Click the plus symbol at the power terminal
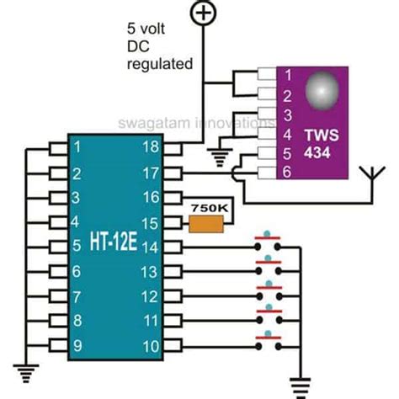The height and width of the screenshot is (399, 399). (202, 12)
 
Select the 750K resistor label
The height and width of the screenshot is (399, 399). (209, 205)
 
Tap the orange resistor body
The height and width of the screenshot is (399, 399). (206, 223)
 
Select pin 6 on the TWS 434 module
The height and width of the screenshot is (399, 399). (285, 171)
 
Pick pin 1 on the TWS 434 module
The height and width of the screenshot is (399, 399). (285, 74)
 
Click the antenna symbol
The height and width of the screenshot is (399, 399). (368, 177)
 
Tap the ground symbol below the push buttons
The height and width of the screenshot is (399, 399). (295, 385)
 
